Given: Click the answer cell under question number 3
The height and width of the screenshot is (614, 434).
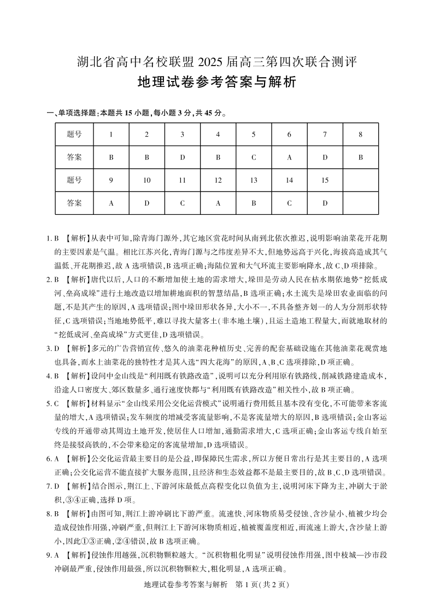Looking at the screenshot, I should point(182,157).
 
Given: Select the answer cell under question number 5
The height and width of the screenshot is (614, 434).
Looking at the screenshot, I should point(254,157).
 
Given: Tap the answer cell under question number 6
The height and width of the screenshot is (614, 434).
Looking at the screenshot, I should point(289,157).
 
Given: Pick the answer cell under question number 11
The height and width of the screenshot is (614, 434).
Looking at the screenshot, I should point(182,203).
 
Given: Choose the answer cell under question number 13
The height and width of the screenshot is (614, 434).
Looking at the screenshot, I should point(254,203).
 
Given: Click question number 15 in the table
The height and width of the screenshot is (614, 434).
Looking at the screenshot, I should point(325,180).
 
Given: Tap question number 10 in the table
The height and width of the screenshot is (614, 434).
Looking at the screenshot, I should point(146,180).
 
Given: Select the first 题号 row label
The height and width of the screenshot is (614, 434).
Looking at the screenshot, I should point(74,134).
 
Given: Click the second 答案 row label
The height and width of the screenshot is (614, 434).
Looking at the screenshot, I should point(74,203).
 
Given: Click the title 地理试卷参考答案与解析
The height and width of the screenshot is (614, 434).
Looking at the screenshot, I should point(216,83).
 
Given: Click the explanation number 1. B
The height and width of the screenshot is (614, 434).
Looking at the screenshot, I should point(52,238).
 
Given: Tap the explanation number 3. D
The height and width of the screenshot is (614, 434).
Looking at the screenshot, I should point(52,348).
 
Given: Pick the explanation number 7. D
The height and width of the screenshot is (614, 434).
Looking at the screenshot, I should point(52,486).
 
